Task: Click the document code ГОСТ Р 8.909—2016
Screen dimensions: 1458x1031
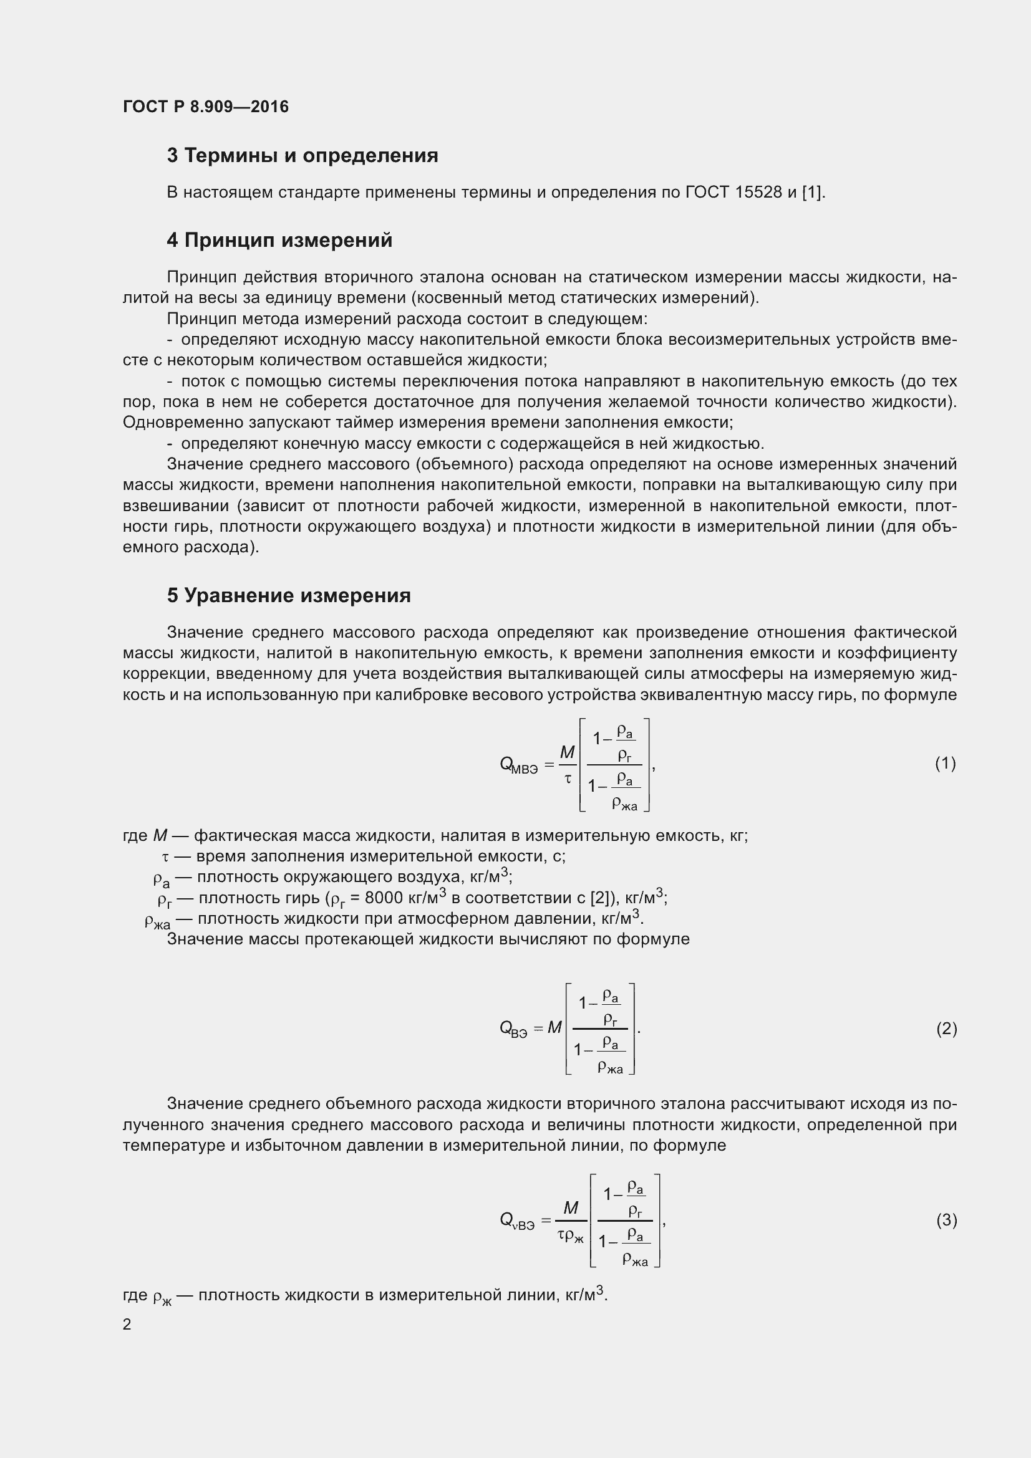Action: click(x=205, y=107)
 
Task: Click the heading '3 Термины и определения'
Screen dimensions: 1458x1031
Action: click(x=303, y=156)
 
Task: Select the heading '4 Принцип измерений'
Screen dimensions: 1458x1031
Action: click(x=279, y=241)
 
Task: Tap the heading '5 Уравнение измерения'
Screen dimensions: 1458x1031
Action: click(x=289, y=596)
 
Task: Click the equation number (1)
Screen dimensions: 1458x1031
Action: click(x=946, y=764)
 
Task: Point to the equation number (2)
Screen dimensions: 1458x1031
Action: click(x=946, y=1029)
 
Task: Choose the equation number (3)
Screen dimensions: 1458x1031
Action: click(x=946, y=1220)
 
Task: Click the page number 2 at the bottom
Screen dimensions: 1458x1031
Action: click(x=127, y=1324)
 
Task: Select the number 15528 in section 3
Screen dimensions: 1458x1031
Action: click(x=758, y=193)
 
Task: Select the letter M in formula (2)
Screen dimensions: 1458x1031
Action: click(x=554, y=1027)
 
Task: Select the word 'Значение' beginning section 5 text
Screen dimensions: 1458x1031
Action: click(x=205, y=633)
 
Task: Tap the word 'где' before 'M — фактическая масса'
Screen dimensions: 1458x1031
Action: click(x=135, y=836)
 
